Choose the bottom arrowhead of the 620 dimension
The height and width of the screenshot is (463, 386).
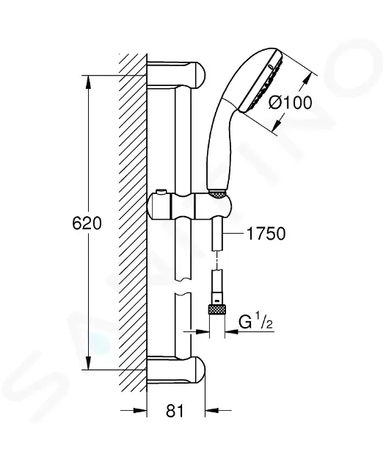[x=88, y=364]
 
